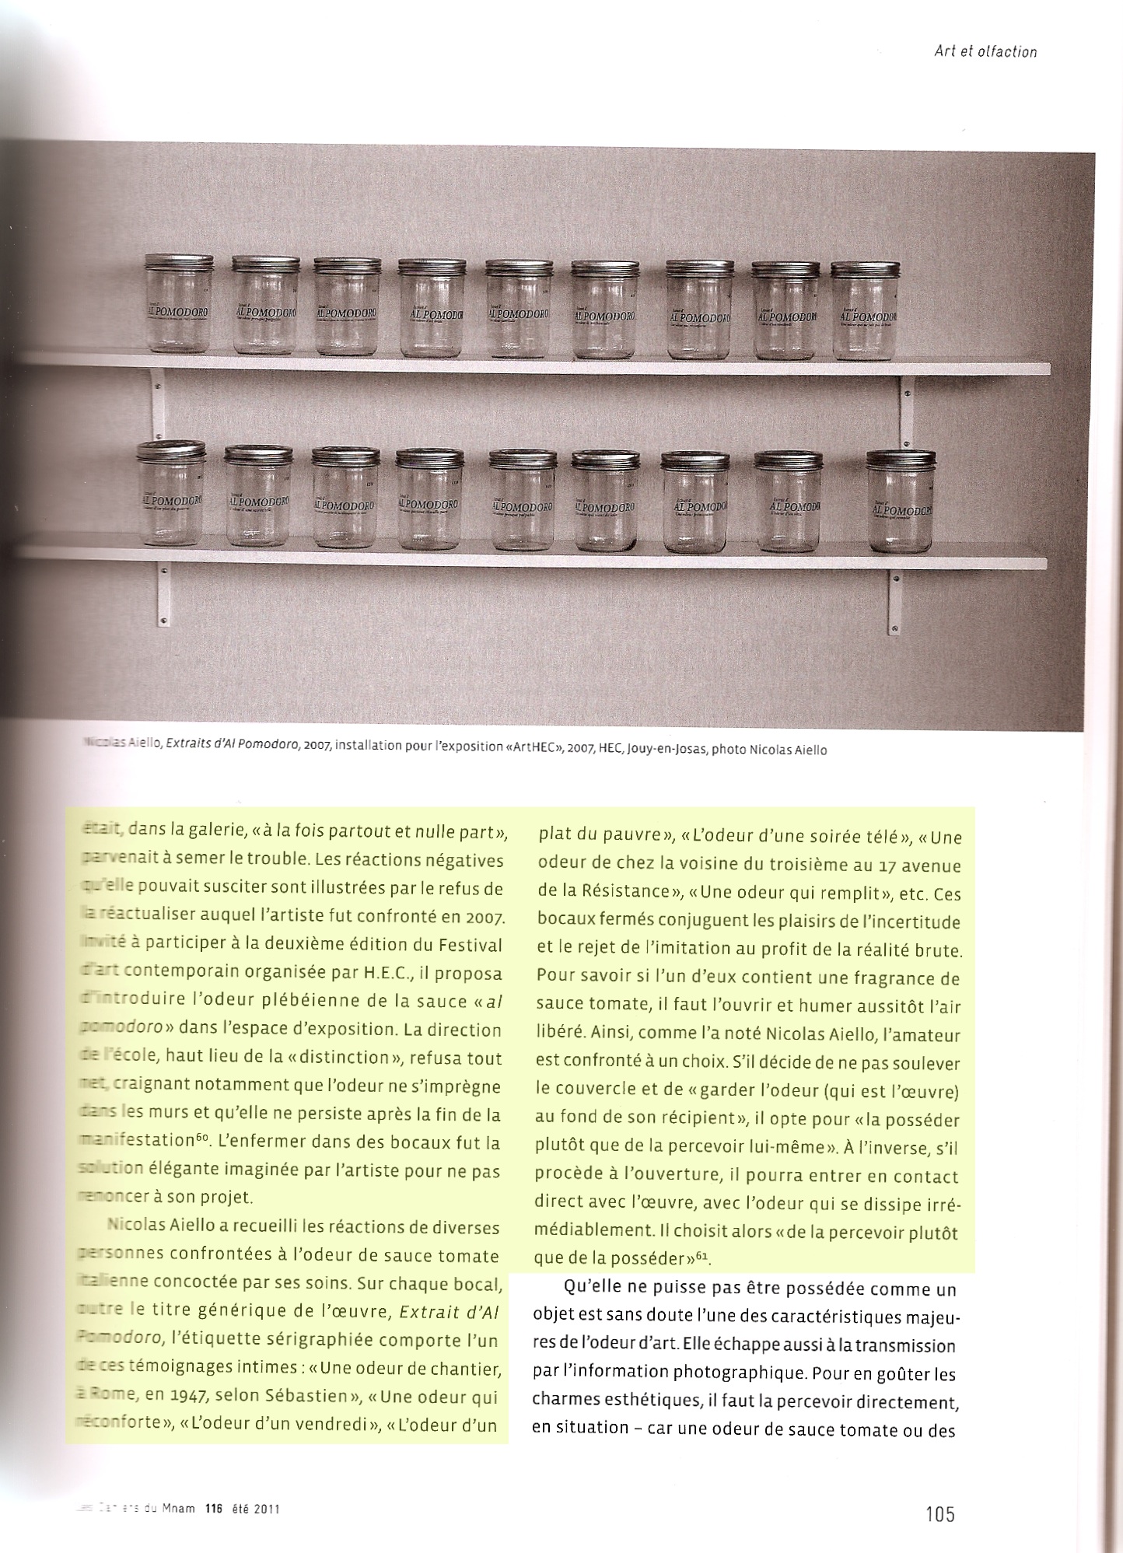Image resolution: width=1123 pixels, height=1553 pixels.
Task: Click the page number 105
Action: pyautogui.click(x=939, y=1513)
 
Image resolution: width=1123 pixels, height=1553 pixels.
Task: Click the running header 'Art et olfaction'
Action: pyautogui.click(x=985, y=52)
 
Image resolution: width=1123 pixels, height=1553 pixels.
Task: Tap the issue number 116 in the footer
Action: pyautogui.click(x=213, y=1509)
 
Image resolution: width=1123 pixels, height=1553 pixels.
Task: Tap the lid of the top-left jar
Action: pyautogui.click(x=179, y=261)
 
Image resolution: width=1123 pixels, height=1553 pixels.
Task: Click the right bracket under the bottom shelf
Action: pyautogui.click(x=894, y=600)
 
